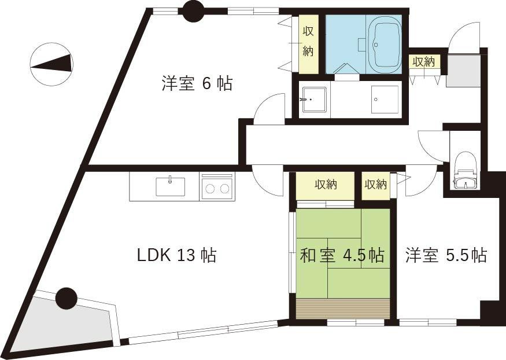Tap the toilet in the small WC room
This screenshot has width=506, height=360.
pos(464,168)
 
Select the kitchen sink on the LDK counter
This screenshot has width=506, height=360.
pos(170,186)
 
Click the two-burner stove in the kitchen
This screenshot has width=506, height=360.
pos(217,188)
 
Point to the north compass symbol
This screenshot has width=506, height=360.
pos(52,64)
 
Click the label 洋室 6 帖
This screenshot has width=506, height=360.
pos(197,84)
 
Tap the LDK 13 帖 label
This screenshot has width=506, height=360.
pos(176,255)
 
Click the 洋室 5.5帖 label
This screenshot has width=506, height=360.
pos(445,255)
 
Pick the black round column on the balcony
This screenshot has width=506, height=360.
pos(67,298)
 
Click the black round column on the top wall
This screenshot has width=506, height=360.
pos(193,10)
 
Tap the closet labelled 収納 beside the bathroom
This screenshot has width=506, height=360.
pos(308,44)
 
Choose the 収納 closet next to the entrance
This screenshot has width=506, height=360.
pos(424,61)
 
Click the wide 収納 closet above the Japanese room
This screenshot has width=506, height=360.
pos(325,185)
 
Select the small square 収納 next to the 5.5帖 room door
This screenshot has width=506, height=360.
pos(376,185)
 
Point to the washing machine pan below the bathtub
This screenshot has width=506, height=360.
pos(385,100)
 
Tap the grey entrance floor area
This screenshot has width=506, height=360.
pos(463,71)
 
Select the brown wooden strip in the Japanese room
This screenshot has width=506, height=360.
pos(342,308)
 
